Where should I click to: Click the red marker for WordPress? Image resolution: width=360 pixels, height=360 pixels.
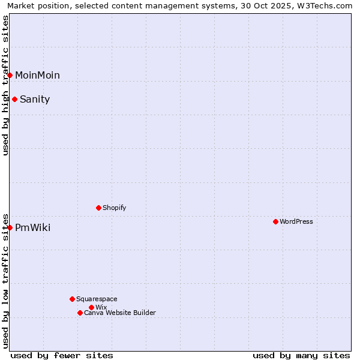coord(275,221)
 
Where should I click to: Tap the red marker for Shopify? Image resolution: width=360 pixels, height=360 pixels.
coord(98,208)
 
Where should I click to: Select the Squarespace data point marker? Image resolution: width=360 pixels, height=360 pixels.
coord(72,299)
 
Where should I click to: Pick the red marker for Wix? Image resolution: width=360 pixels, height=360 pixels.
coord(91,307)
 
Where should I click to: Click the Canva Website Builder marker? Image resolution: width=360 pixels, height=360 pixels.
coord(80,313)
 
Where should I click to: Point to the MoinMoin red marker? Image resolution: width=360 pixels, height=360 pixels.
coord(10,75)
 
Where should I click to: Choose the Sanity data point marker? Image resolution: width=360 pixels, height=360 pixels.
coord(14,99)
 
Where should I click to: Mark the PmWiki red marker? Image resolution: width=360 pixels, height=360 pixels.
coord(10,227)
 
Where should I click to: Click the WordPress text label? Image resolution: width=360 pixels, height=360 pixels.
coord(296,221)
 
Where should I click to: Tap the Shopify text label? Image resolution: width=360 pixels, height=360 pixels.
coord(114,208)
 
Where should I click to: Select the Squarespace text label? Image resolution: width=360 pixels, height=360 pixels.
coord(97,299)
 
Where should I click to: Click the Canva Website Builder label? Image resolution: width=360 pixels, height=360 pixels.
coord(120,313)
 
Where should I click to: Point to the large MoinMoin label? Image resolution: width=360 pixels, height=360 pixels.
coord(37,75)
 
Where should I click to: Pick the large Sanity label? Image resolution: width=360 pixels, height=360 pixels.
coord(35,99)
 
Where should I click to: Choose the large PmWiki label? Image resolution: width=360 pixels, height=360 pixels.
coord(32,227)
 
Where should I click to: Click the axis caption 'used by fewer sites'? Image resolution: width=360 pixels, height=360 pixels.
coord(62,355)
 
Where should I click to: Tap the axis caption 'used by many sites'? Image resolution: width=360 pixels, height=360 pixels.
coord(301,355)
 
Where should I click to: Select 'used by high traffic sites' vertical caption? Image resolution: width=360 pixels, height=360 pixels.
coord(5,85)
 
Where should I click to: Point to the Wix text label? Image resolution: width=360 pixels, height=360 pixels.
coord(101,307)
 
